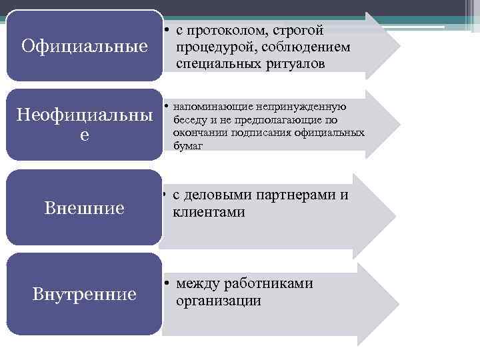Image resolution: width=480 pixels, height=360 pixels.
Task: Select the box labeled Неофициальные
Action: [x=85, y=125]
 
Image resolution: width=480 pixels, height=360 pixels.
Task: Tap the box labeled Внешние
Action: [x=85, y=208]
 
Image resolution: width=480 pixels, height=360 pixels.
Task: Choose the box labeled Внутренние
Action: [x=85, y=293]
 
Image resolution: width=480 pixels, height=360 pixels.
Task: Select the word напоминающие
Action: [x=213, y=107]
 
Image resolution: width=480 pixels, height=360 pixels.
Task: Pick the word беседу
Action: [x=189, y=120]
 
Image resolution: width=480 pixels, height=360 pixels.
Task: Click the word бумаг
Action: [x=188, y=145]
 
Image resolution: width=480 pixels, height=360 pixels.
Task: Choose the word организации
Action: [x=218, y=301]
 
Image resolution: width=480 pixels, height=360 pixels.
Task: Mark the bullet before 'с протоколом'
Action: [x=165, y=31]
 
